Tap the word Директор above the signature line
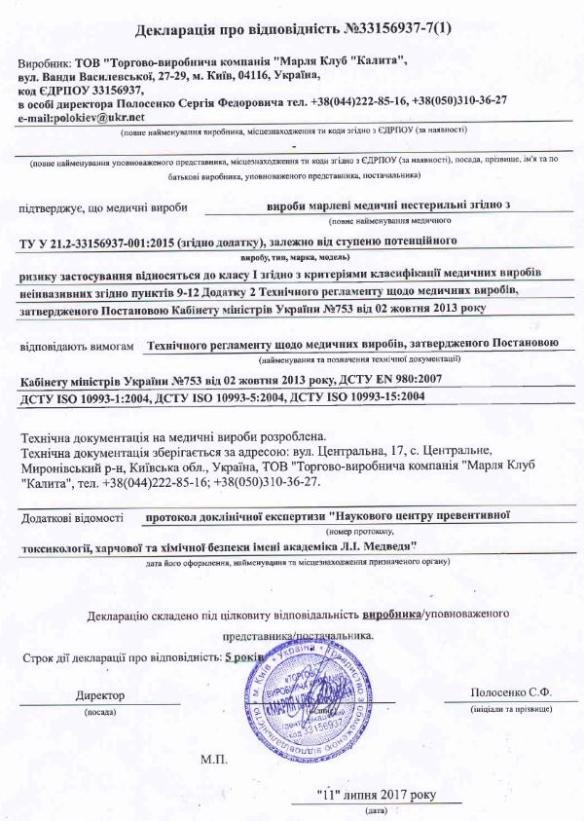coord(101,695)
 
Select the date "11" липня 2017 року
coord(370,794)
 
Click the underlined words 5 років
coord(244,656)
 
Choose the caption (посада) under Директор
coord(100,712)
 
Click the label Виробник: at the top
coord(45,60)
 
